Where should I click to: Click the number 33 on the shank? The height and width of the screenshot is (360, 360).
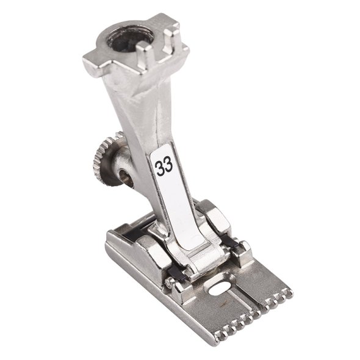click(x=164, y=166)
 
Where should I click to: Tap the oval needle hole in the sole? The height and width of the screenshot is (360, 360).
click(x=219, y=288)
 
